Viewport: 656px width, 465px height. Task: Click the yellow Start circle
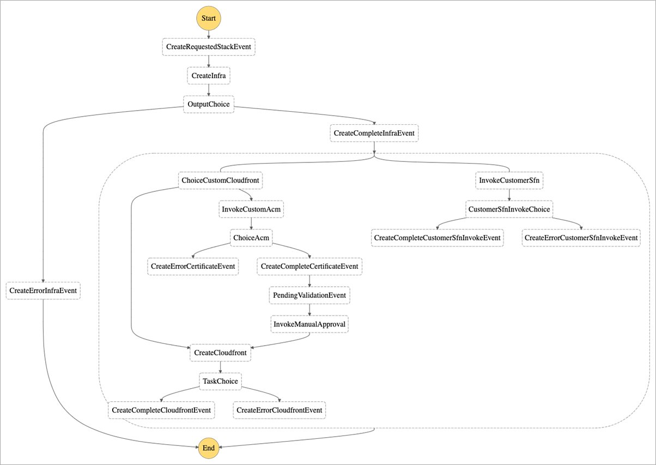click(x=209, y=19)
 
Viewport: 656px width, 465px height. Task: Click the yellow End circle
click(x=209, y=448)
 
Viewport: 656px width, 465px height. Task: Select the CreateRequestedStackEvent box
click(x=209, y=47)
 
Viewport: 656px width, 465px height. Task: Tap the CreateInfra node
click(x=209, y=76)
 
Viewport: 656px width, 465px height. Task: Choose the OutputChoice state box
click(x=209, y=104)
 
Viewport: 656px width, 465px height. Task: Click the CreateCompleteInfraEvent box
click(x=374, y=133)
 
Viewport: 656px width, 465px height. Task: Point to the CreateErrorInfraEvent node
click(x=43, y=291)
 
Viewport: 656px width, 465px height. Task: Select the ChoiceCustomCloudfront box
click(x=221, y=180)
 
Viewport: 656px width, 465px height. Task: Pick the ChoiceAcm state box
click(x=251, y=238)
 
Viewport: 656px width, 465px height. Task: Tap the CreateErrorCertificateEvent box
click(x=193, y=267)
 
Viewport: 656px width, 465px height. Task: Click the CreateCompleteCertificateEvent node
click(x=309, y=267)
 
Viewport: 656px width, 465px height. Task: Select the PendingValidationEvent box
click(x=309, y=295)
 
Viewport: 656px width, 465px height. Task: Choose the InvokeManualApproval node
click(x=309, y=324)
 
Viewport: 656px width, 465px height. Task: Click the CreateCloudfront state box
click(x=221, y=353)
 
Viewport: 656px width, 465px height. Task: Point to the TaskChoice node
click(x=220, y=381)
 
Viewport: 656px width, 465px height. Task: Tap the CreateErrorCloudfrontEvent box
click(x=279, y=410)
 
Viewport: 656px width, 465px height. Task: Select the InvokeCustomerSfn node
click(x=509, y=180)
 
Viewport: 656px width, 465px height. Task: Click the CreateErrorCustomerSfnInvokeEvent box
click(x=581, y=238)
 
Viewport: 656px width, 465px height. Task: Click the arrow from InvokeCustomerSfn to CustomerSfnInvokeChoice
click(x=509, y=195)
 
